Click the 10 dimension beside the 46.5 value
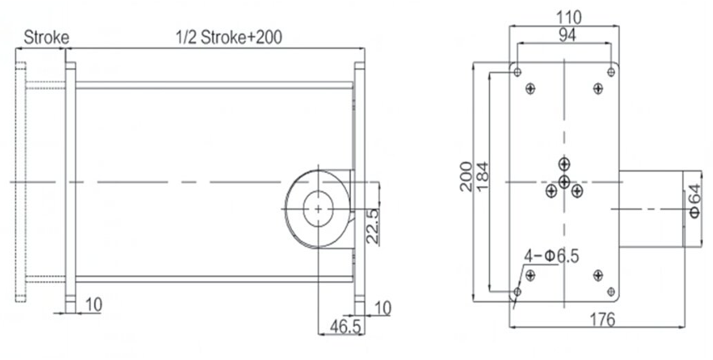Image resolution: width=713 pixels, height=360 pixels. tap(382, 308)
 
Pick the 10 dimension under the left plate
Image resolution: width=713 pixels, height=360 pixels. tap(93, 305)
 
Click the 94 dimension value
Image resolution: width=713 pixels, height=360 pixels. tap(568, 34)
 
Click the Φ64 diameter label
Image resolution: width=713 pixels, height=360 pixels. tap(696, 200)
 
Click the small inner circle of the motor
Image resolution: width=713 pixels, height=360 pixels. tap(318, 208)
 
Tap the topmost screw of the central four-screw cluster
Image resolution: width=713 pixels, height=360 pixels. tap(564, 163)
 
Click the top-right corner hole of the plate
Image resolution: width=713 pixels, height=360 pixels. tap(611, 72)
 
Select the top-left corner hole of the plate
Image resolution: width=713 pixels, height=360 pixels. tap(517, 72)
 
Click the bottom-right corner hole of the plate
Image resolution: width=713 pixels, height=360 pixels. tap(611, 292)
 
